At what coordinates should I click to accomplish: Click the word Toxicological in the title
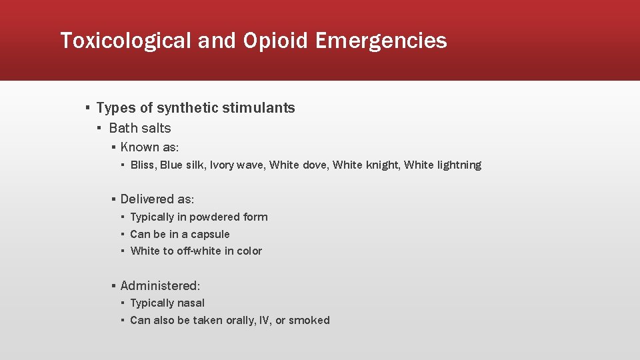pos(126,41)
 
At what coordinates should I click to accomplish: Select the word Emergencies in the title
pos(381,41)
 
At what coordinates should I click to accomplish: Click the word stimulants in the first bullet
pos(261,108)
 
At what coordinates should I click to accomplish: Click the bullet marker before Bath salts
pos(99,129)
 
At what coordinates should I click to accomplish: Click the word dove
pos(314,165)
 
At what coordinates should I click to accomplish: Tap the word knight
pos(382,165)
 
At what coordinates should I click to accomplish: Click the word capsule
pos(210,235)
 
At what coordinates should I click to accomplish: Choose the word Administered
pos(159,286)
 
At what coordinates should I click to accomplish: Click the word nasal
pos(191,303)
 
